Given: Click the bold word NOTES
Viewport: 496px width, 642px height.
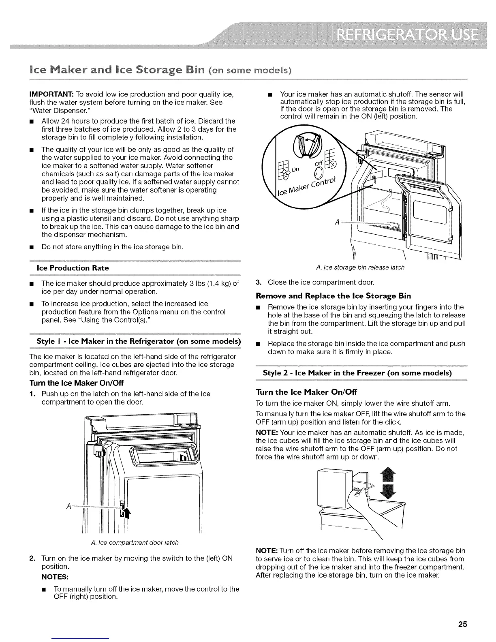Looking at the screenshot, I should click(x=53, y=576).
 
